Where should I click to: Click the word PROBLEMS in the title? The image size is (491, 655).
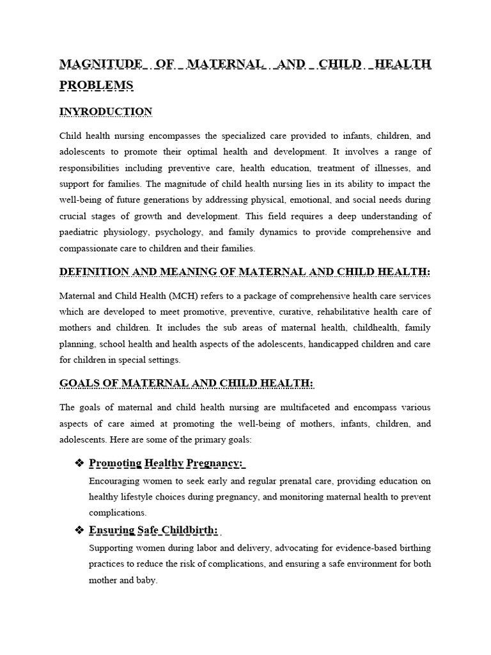click(x=97, y=85)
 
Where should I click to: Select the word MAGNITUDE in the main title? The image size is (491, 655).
click(x=101, y=64)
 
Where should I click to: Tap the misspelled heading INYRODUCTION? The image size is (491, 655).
click(x=105, y=112)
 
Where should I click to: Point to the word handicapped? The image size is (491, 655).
click(x=323, y=343)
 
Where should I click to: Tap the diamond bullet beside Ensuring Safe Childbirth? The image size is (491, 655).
click(x=79, y=530)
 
